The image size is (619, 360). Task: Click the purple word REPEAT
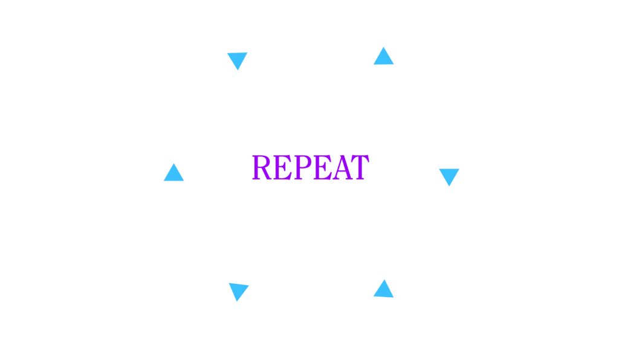[309, 168]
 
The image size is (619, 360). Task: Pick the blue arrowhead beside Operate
[236, 60]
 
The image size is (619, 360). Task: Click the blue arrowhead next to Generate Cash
[383, 56]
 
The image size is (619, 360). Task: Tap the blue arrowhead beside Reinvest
[449, 175]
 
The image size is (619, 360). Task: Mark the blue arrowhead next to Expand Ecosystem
[239, 291]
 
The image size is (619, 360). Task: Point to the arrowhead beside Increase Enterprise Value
[173, 173]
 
